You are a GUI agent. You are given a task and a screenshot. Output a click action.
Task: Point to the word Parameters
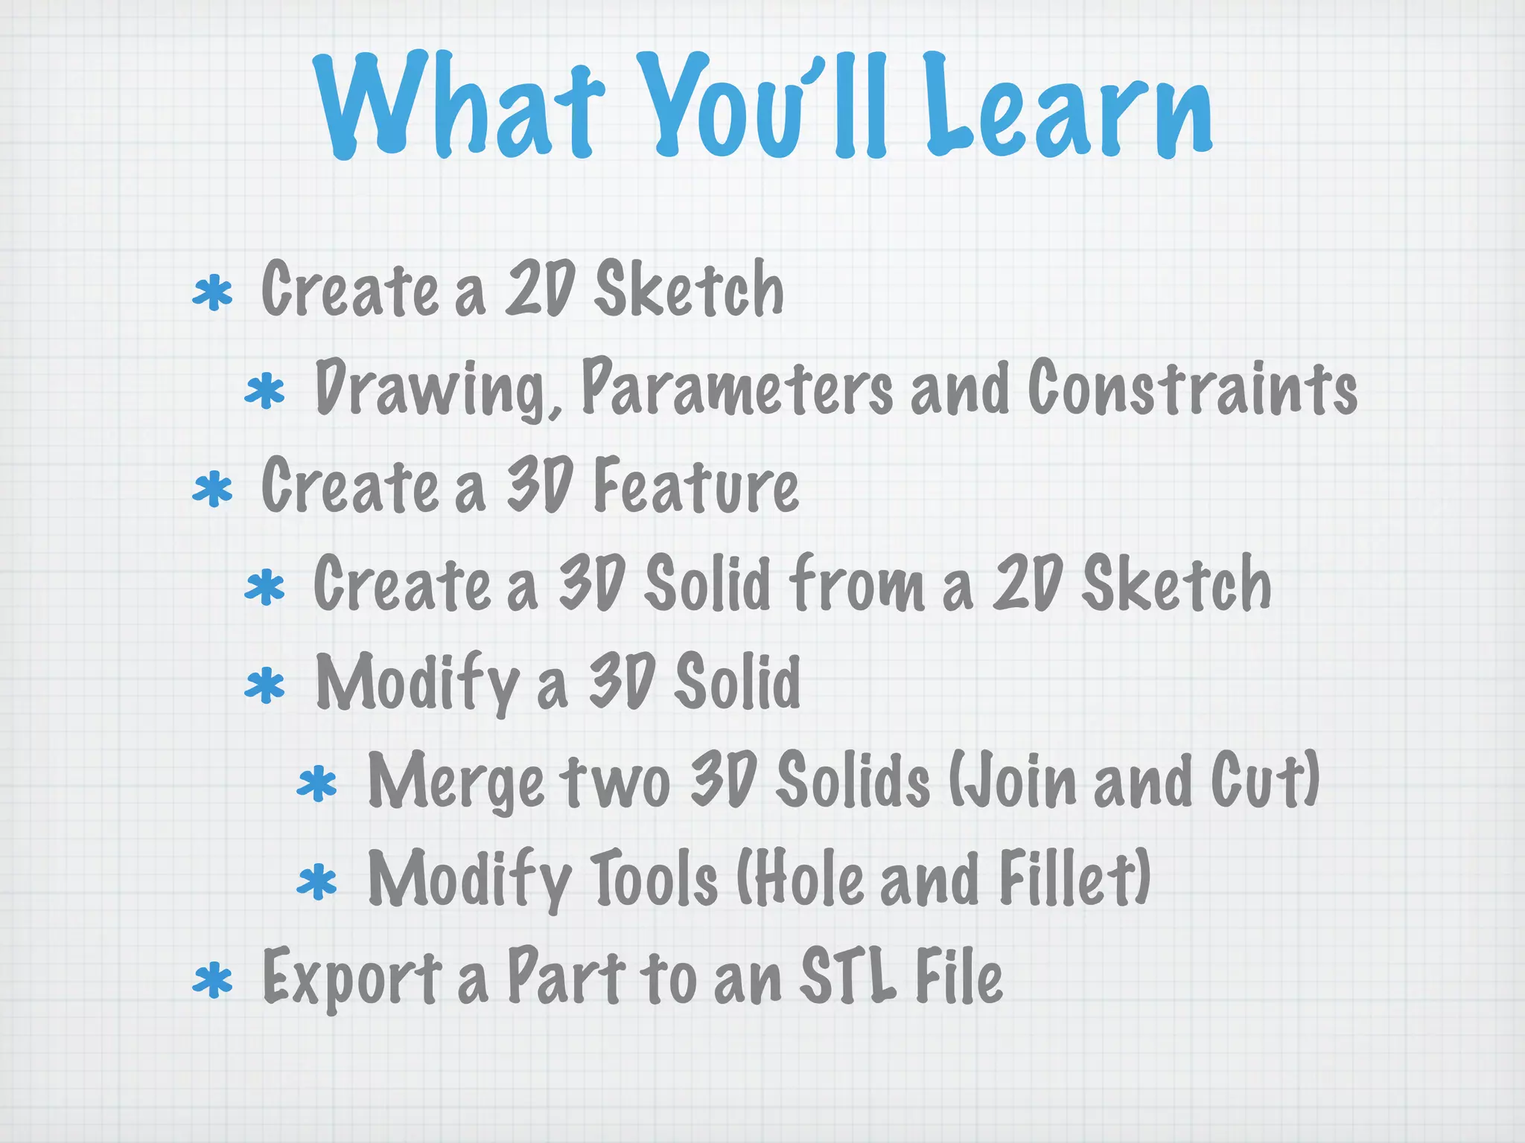click(x=737, y=387)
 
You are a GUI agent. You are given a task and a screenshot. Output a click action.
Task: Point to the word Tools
click(x=655, y=879)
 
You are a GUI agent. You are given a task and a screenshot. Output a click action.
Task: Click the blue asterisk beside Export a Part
click(x=212, y=981)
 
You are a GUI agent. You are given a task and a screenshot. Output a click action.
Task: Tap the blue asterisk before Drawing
click(x=264, y=393)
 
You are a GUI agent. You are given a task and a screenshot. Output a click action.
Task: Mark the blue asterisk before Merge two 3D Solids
click(x=316, y=785)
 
